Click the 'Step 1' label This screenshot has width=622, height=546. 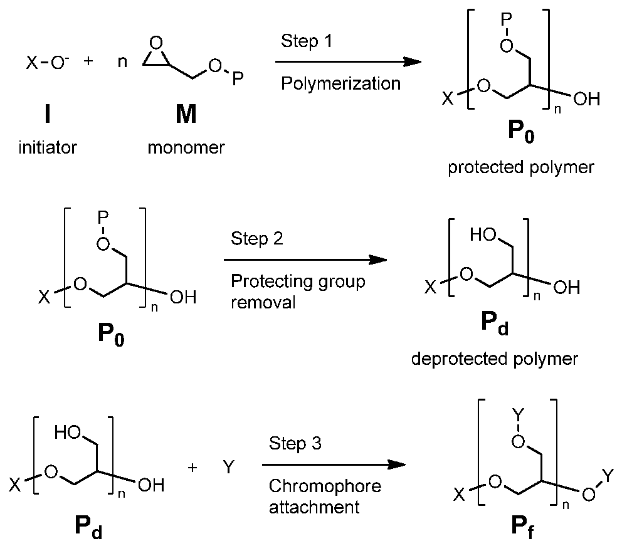[x=306, y=41]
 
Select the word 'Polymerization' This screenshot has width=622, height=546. [x=340, y=83]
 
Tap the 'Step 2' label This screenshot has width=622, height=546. [x=256, y=238]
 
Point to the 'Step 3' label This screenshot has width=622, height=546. [x=295, y=443]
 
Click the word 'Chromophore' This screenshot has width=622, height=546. [x=325, y=486]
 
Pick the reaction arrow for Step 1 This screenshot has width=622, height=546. [x=348, y=61]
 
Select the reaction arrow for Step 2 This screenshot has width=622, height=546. [x=305, y=260]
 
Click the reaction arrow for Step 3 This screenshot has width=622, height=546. [x=334, y=465]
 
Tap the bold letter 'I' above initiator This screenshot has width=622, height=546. [x=48, y=114]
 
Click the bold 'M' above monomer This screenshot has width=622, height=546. [x=186, y=114]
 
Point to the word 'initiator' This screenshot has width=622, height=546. [x=48, y=147]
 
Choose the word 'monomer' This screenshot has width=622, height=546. [x=186, y=148]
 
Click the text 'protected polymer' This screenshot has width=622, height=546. [x=521, y=167]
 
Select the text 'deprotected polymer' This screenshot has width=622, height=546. [x=495, y=359]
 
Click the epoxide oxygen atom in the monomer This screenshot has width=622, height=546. [x=157, y=43]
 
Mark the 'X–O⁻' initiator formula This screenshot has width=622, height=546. [x=48, y=63]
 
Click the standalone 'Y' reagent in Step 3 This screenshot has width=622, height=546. [x=229, y=467]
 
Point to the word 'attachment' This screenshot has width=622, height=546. [x=314, y=507]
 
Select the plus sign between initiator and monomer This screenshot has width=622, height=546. [x=88, y=61]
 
